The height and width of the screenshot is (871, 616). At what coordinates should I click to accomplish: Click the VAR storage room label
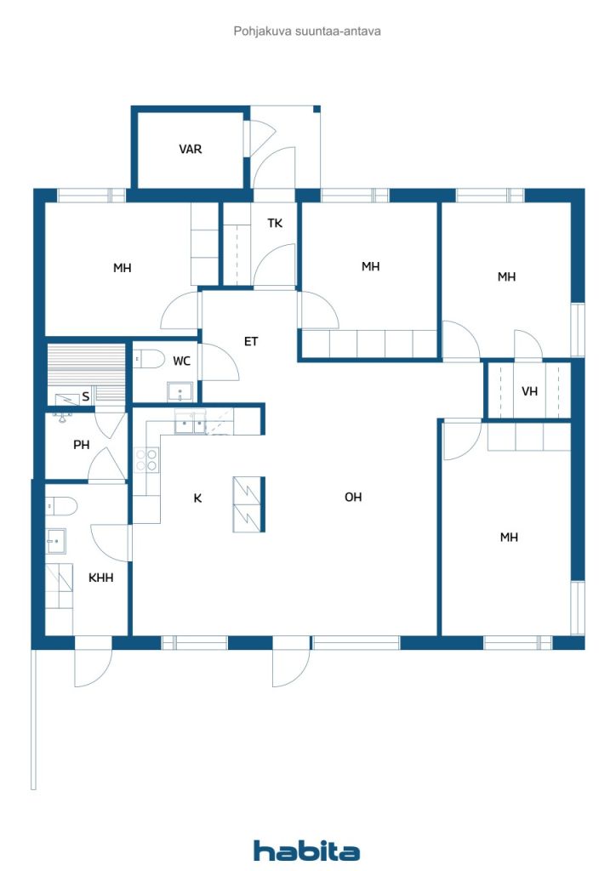click(190, 149)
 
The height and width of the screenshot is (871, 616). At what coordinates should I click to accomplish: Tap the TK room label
click(275, 224)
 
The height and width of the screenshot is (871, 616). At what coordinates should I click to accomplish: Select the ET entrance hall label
click(251, 341)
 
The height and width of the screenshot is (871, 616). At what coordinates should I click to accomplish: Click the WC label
click(181, 361)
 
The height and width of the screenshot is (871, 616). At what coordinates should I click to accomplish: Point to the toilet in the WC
click(149, 359)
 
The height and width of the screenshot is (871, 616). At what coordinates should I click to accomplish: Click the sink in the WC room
click(180, 391)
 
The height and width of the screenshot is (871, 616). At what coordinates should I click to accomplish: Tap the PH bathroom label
click(81, 444)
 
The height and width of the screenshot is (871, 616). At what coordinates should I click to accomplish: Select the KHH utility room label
click(101, 578)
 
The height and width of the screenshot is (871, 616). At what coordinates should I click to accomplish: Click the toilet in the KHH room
click(61, 506)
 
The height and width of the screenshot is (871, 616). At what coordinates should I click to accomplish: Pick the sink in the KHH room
click(56, 540)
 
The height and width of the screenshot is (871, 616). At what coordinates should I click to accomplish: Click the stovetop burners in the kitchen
click(146, 460)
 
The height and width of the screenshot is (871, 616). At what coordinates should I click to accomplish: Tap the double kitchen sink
click(191, 423)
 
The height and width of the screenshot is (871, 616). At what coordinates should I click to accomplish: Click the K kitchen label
click(197, 498)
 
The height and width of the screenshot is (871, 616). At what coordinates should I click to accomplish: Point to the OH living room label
click(353, 497)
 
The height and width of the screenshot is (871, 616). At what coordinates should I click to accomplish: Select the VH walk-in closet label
click(529, 391)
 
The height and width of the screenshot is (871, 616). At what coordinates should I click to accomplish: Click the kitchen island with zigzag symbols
click(248, 504)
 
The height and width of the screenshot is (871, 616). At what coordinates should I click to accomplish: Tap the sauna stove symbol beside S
click(67, 398)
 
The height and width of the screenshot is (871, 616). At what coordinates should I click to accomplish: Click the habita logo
click(306, 851)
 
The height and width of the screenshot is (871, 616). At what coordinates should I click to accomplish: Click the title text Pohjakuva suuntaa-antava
click(307, 31)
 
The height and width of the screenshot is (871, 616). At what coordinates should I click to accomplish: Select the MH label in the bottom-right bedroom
click(509, 538)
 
